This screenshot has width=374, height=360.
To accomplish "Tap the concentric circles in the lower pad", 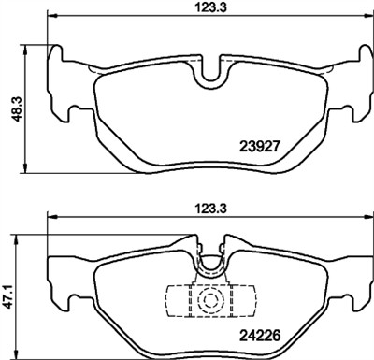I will point(209,299).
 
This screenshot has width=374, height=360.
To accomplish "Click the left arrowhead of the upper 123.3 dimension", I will point(51,16).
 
